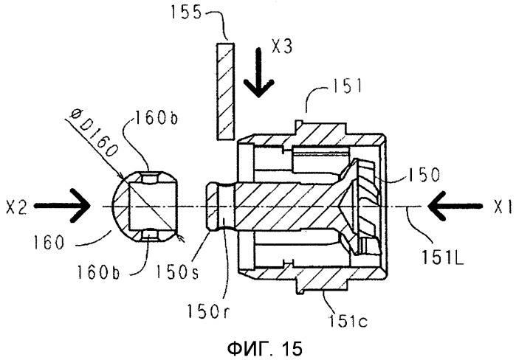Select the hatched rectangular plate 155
tap(225, 91)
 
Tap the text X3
tap(282, 46)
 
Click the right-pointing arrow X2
tap(62, 206)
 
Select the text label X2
tap(16, 208)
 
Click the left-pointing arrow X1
tap(455, 206)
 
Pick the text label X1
tap(503, 207)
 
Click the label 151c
tap(348, 320)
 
